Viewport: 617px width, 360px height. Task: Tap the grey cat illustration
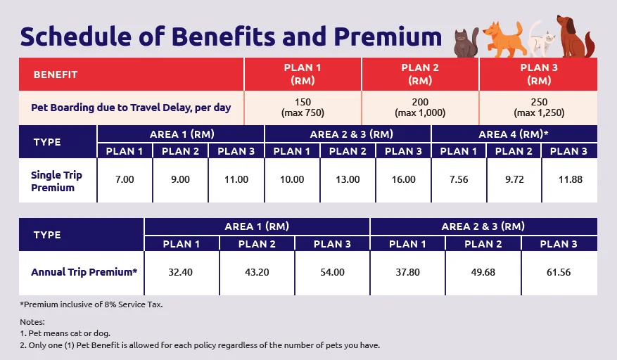click(x=465, y=44)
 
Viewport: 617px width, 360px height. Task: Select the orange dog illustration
click(x=504, y=39)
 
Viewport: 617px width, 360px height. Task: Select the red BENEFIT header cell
click(x=131, y=74)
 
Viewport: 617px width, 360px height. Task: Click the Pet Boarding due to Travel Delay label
click(x=131, y=108)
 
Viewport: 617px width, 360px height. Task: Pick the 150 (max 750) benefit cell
click(x=303, y=108)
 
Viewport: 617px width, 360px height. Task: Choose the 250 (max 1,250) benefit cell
click(x=538, y=108)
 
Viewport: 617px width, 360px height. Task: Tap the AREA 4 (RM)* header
click(x=514, y=134)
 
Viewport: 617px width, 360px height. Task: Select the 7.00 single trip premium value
click(x=125, y=180)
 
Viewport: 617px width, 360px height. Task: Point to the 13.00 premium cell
click(x=348, y=180)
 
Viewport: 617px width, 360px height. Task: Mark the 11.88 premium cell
click(x=570, y=180)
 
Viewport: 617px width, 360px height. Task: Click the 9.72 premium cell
click(x=514, y=180)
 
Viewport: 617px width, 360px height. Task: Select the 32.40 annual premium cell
click(x=182, y=272)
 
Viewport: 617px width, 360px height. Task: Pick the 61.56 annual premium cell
click(x=559, y=272)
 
